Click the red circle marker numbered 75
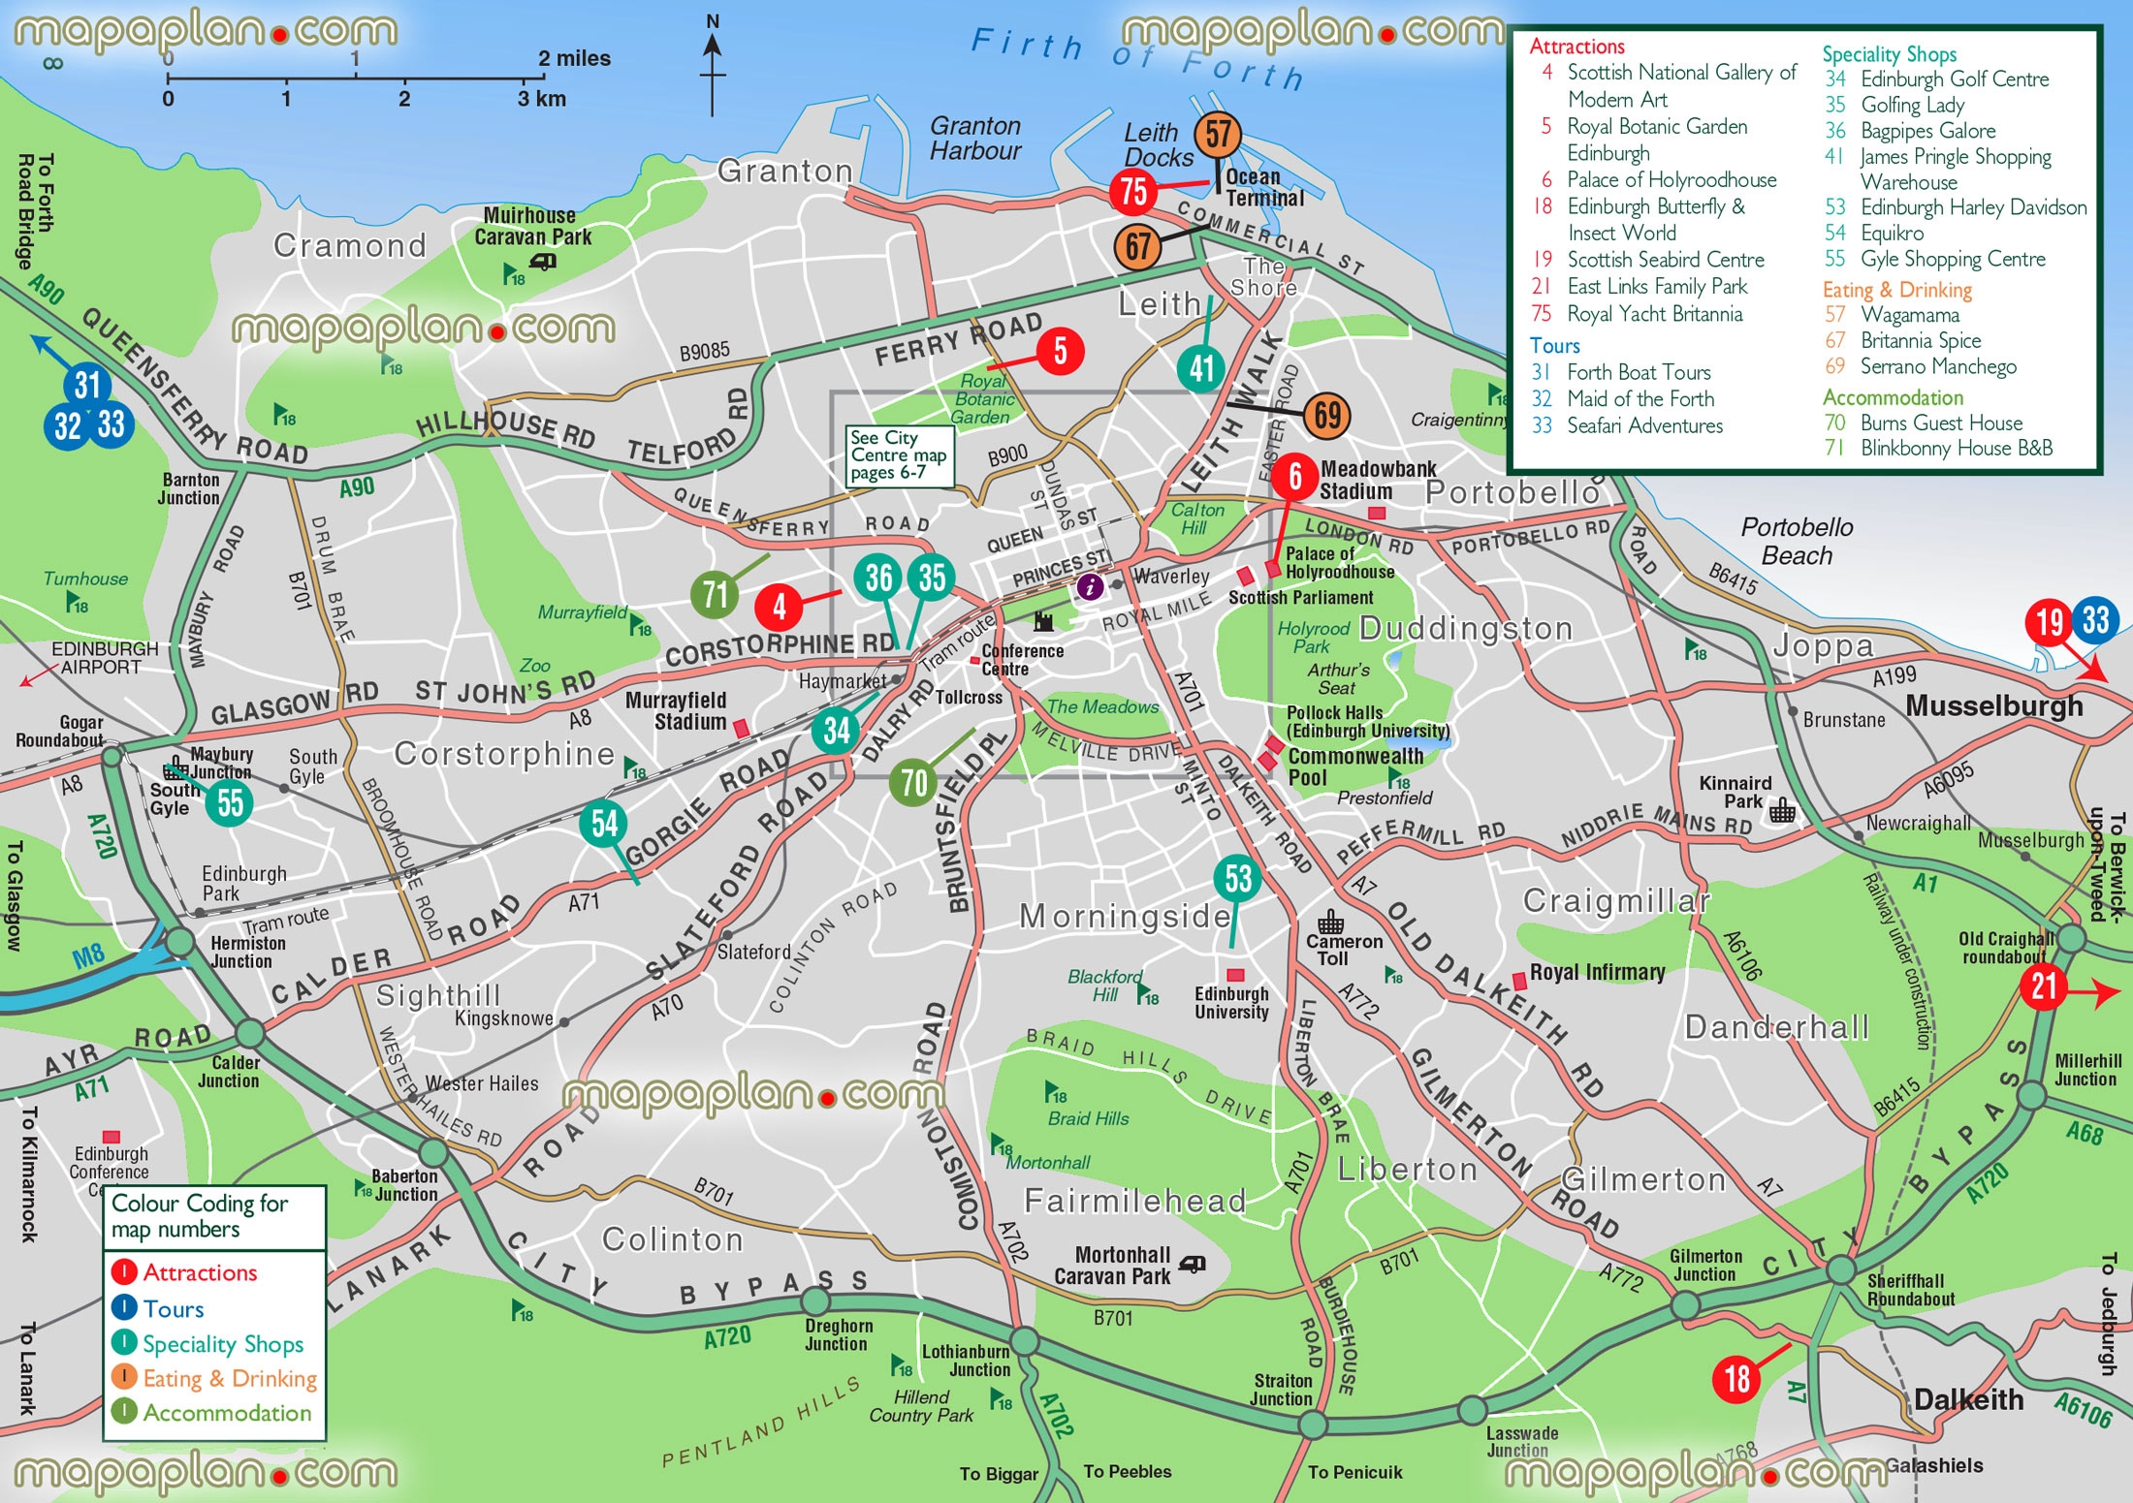coord(1133,192)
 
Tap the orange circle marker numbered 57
coord(1218,135)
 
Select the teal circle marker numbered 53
coord(1238,878)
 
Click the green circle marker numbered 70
coord(913,782)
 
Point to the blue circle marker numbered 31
coord(87,385)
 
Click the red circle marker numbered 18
coord(1736,1378)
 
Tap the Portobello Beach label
coord(1797,542)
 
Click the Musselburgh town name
coord(1993,705)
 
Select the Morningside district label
coord(1125,916)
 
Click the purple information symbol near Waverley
coord(1090,585)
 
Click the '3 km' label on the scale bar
coord(541,99)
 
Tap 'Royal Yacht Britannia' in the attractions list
coord(1654,314)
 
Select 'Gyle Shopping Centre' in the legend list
coord(1952,259)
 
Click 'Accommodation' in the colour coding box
coord(227,1413)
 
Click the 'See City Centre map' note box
coord(899,455)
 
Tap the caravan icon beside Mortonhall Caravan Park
coord(1193,1265)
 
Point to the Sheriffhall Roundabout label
coord(1910,1290)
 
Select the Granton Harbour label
coord(975,139)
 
